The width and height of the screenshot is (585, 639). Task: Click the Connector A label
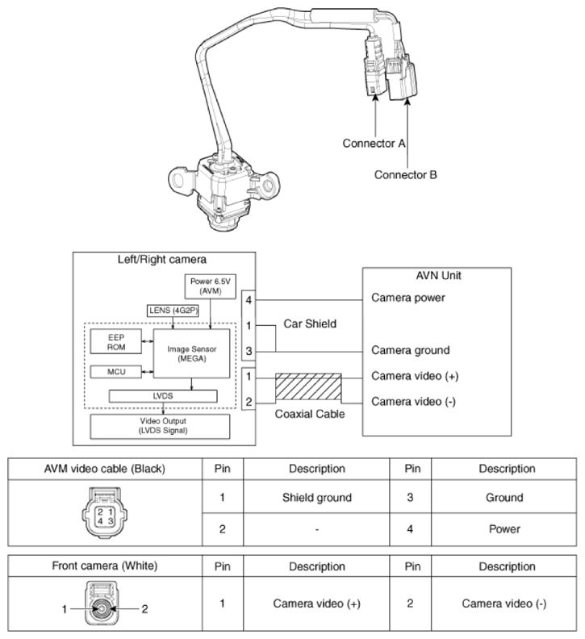tap(374, 144)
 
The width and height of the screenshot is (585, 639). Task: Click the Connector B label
tap(406, 175)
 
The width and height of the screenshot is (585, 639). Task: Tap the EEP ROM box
tap(116, 342)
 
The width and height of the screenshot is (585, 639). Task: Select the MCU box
tap(116, 372)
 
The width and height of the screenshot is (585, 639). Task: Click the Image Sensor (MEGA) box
tap(191, 353)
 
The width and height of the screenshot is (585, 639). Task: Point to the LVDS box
tap(163, 396)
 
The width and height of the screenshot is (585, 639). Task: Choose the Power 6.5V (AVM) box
tap(211, 286)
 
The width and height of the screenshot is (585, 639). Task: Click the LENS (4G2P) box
tap(173, 311)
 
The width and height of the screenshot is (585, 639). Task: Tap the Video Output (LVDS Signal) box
tap(160, 426)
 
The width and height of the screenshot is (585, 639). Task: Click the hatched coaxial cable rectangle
tap(308, 386)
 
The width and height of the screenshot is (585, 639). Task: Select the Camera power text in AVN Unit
tap(408, 298)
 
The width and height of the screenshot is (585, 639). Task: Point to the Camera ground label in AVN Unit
tap(411, 350)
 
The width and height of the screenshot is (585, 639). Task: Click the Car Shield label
tap(310, 324)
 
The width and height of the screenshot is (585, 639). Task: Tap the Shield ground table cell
tap(317, 497)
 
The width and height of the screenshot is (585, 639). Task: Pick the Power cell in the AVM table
tap(504, 529)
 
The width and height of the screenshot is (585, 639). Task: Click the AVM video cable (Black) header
tap(105, 469)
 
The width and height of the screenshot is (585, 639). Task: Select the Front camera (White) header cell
tap(105, 566)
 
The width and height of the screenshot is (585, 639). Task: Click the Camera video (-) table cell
tap(504, 603)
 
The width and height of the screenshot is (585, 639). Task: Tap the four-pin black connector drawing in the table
tap(105, 512)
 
